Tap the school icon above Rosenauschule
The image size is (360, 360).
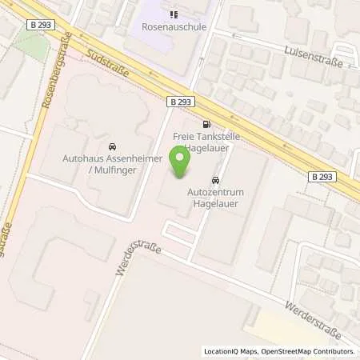pos(172,14)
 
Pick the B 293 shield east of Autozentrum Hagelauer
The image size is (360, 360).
pos(322,177)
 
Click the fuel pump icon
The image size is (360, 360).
pos(208,124)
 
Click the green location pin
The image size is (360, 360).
pos(182,163)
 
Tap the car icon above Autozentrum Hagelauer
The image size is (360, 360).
pos(214,181)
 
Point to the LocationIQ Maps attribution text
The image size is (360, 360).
pos(230,351)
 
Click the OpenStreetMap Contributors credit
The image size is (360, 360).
pos(308,351)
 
